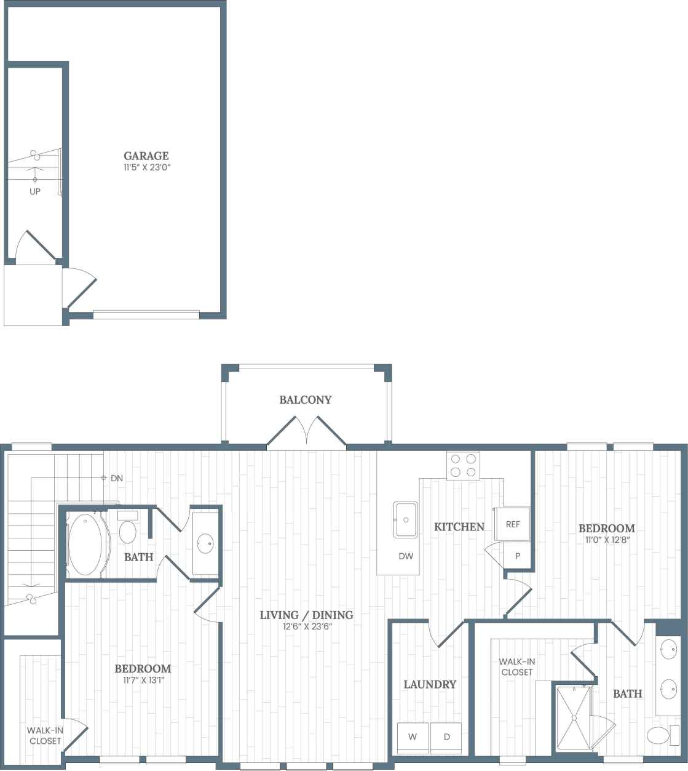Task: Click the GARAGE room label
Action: coord(146,156)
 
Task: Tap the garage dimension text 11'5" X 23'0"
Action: coord(146,167)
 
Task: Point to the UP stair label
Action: coord(35,191)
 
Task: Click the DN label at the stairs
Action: coord(117,477)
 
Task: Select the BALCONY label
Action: coord(306,399)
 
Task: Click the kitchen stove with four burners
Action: coord(463,465)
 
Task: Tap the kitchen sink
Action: coord(406,520)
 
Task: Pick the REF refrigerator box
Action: coord(513,524)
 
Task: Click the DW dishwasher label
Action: coord(406,556)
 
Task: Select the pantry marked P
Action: coord(518,556)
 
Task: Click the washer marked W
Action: coord(413,737)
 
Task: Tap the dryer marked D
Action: coord(446,737)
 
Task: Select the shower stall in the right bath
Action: coord(573,717)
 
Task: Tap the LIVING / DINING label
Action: coord(306,615)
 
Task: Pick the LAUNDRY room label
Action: coord(430,684)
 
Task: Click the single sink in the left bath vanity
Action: coord(205,543)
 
